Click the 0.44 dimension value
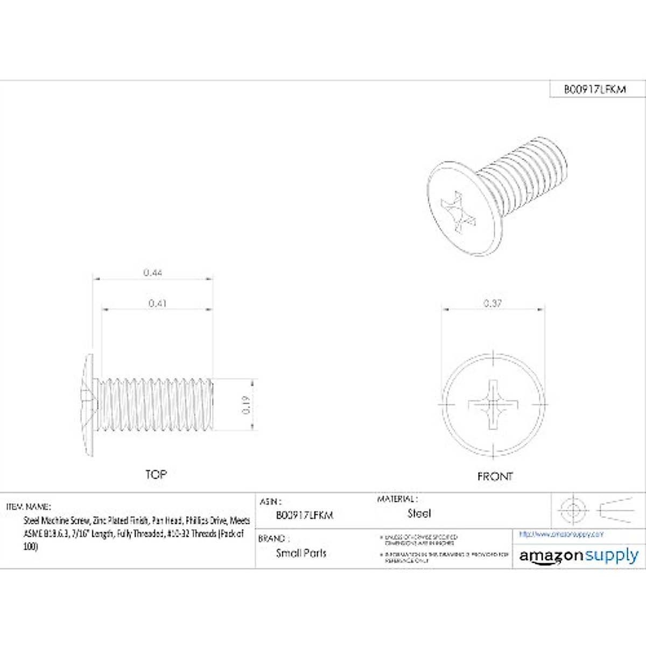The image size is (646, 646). pyautogui.click(x=153, y=273)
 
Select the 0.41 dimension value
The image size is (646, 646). pyautogui.click(x=157, y=304)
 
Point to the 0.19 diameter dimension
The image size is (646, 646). pyautogui.click(x=247, y=404)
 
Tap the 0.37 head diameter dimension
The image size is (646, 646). pyautogui.click(x=493, y=304)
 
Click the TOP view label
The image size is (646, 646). pyautogui.click(x=156, y=474)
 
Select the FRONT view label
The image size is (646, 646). pyautogui.click(x=495, y=476)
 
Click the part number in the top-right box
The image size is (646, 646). pyautogui.click(x=595, y=90)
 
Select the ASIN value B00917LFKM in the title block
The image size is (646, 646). pyautogui.click(x=305, y=515)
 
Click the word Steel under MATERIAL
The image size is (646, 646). pyautogui.click(x=419, y=514)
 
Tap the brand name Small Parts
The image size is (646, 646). pyautogui.click(x=301, y=553)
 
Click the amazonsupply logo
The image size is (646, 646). pyautogui.click(x=579, y=556)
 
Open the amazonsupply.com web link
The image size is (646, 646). pyautogui.click(x=561, y=535)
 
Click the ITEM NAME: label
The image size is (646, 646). pyautogui.click(x=29, y=507)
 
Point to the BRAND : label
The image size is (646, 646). pyautogui.click(x=274, y=538)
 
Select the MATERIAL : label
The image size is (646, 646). pyautogui.click(x=397, y=499)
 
